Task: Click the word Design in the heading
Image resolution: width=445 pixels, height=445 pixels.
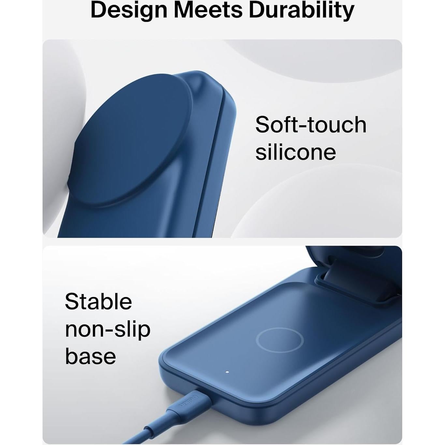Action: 129,11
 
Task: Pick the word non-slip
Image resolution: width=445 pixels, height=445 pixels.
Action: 108,330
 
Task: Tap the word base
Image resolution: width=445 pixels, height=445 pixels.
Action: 91,356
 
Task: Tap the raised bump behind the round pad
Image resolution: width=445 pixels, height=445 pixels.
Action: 203,88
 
